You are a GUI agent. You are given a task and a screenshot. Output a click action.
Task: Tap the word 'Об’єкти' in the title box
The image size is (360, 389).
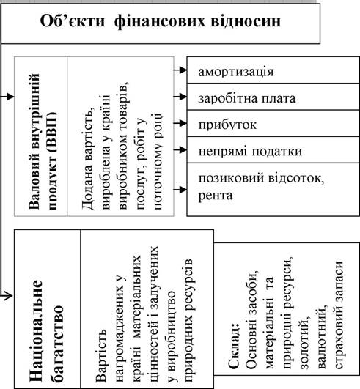click(x=73, y=21)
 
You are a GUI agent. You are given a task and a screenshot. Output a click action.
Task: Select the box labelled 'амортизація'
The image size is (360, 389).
click(x=273, y=70)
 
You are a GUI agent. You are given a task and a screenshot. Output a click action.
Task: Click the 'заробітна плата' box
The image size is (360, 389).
click(x=273, y=97)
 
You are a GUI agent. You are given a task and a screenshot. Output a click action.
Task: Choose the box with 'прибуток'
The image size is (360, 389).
click(x=273, y=123)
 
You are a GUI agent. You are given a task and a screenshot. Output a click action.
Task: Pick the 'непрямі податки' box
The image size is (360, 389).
click(x=273, y=150)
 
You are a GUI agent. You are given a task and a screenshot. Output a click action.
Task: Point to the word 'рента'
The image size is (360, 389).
click(x=216, y=196)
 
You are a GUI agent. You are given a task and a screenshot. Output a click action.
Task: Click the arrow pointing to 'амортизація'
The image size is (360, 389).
click(x=180, y=70)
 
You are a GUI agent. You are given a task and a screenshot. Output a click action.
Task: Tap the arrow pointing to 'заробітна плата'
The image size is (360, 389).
click(x=180, y=97)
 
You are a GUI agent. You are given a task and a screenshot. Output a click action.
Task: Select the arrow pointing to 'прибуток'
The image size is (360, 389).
click(x=180, y=123)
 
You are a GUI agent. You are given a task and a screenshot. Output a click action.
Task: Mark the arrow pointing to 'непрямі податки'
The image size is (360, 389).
click(x=180, y=149)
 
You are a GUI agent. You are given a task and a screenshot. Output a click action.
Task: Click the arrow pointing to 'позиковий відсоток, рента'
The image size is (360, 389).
click(x=180, y=190)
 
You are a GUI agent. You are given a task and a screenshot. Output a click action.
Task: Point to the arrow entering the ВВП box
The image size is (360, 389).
click(x=7, y=97)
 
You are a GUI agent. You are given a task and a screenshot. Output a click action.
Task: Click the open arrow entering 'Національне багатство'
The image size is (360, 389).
click(x=7, y=295)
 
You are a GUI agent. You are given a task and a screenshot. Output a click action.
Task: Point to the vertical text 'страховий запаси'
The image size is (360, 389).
click(x=339, y=314)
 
